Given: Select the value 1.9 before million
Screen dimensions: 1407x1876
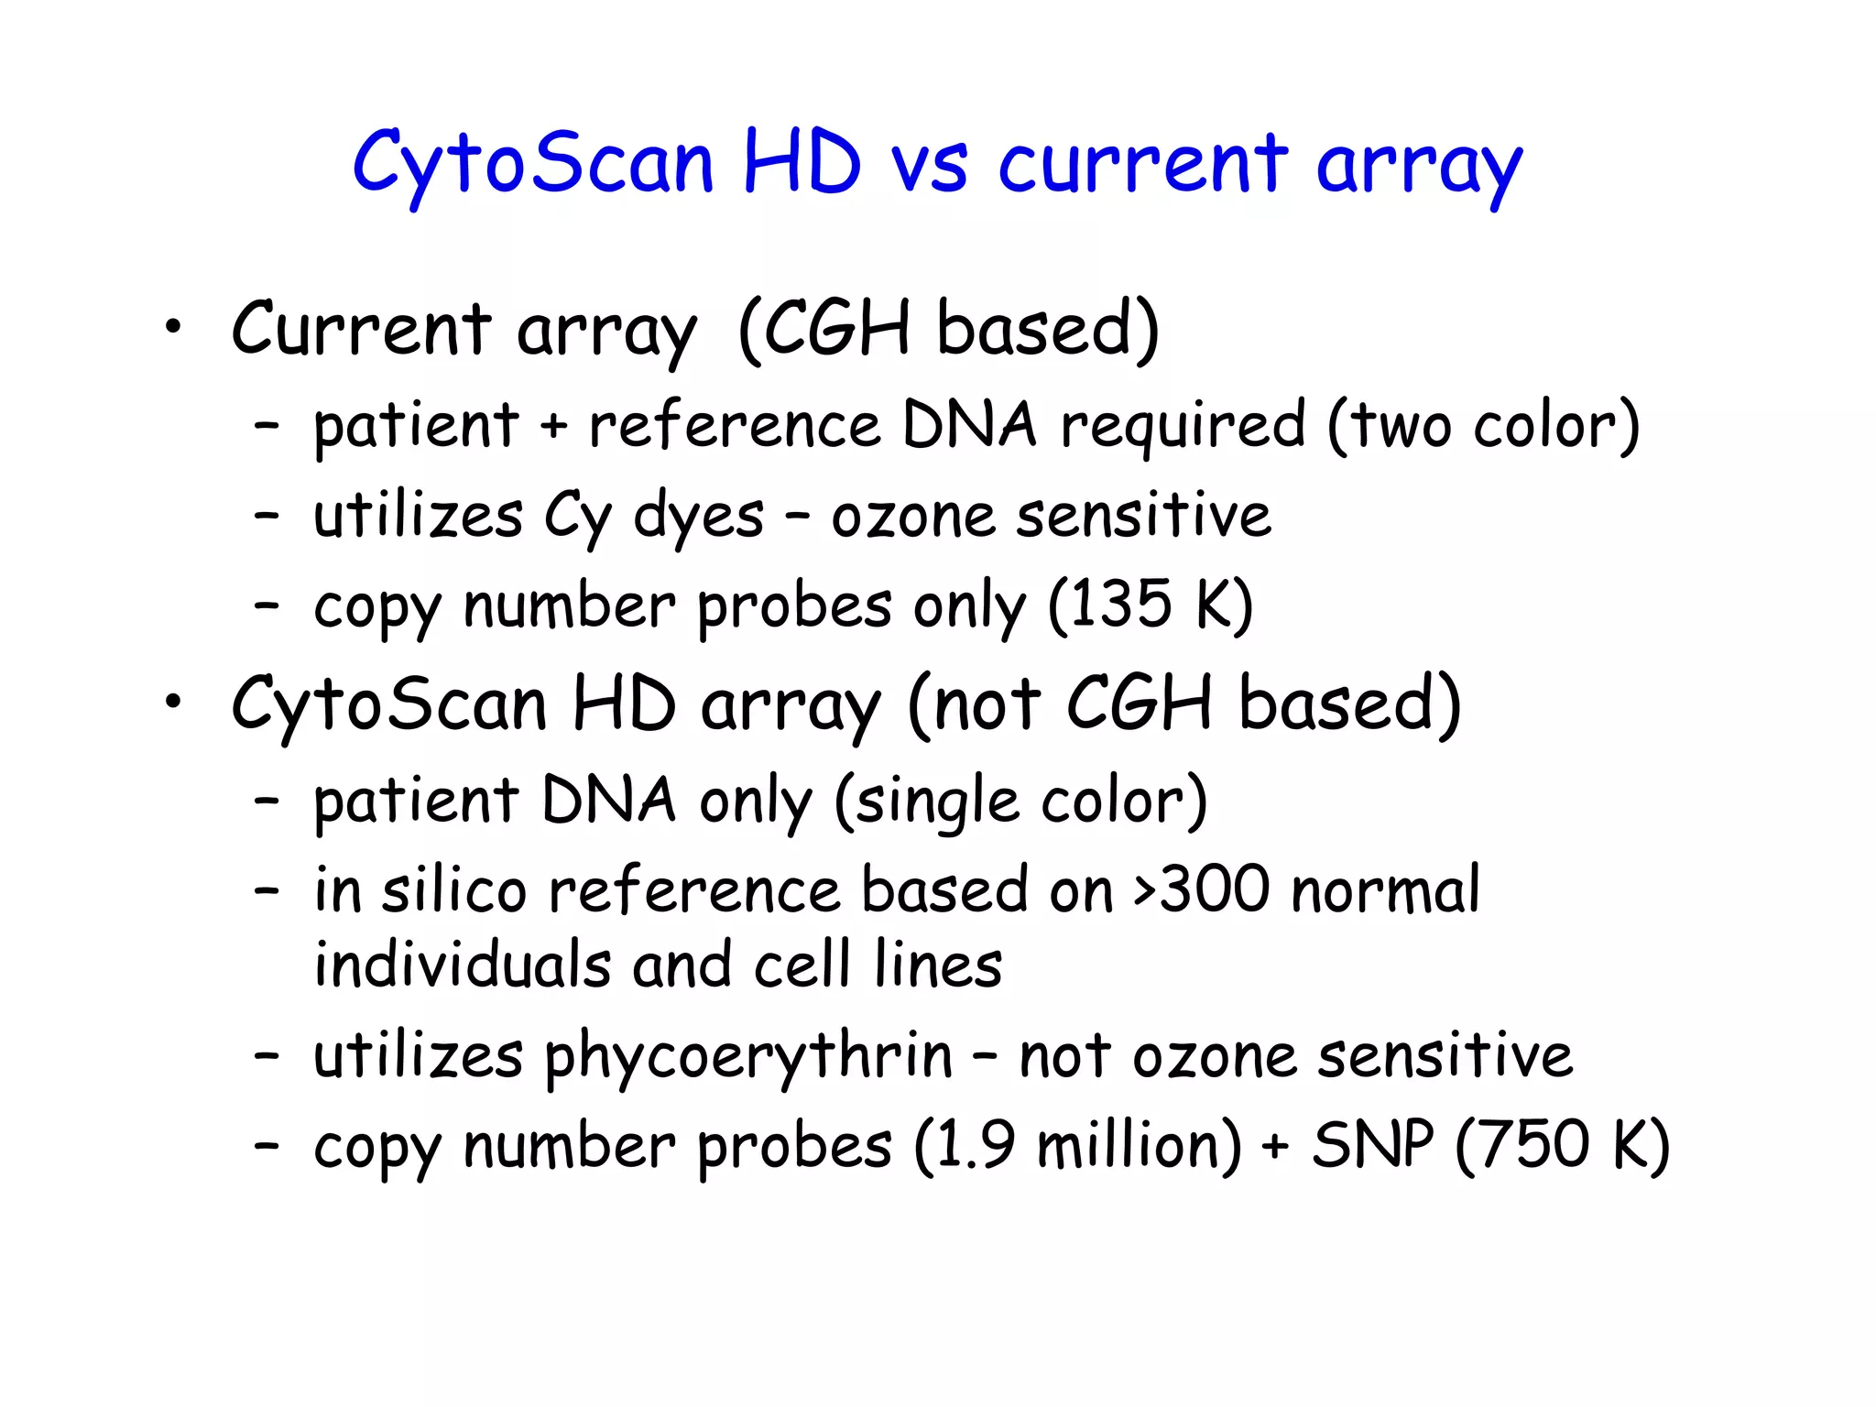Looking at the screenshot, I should coord(976,1145).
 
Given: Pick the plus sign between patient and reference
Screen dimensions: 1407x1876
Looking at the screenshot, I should coord(552,426).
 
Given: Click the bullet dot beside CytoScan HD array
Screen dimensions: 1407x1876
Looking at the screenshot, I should coord(173,703).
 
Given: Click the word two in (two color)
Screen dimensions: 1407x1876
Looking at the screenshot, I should coord(1402,426).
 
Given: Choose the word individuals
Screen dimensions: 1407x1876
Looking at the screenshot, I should coord(462,965).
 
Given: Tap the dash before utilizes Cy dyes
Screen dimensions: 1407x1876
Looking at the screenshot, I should coord(267,516).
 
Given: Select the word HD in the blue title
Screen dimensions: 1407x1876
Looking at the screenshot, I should coord(802,165).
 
